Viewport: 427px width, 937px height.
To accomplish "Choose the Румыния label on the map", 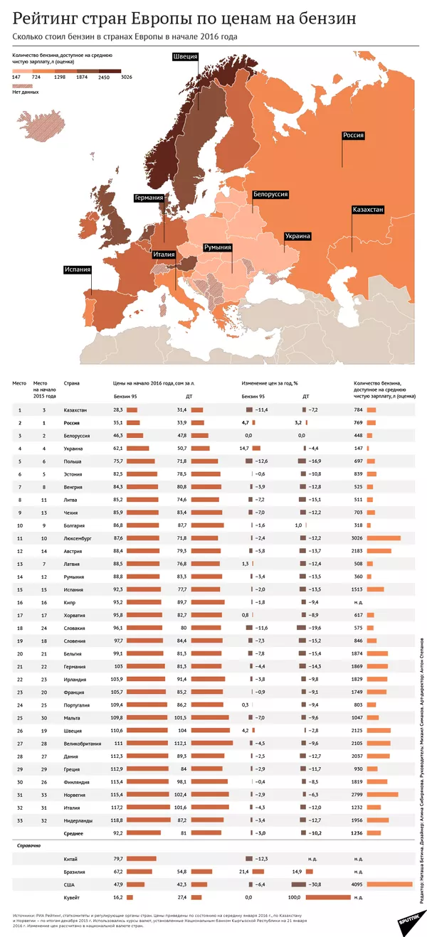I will (x=218, y=247).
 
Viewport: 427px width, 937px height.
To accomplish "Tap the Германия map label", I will (x=149, y=198).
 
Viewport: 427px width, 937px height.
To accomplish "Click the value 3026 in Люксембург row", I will (x=357, y=538).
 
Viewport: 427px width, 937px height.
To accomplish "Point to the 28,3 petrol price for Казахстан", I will (x=118, y=410).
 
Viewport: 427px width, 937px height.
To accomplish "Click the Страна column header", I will (x=71, y=383).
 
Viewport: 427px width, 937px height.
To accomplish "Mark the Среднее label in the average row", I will (x=75, y=832).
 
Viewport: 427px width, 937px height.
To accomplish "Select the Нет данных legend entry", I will (x=26, y=92).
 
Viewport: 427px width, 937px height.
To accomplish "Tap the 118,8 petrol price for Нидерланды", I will (x=117, y=820).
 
